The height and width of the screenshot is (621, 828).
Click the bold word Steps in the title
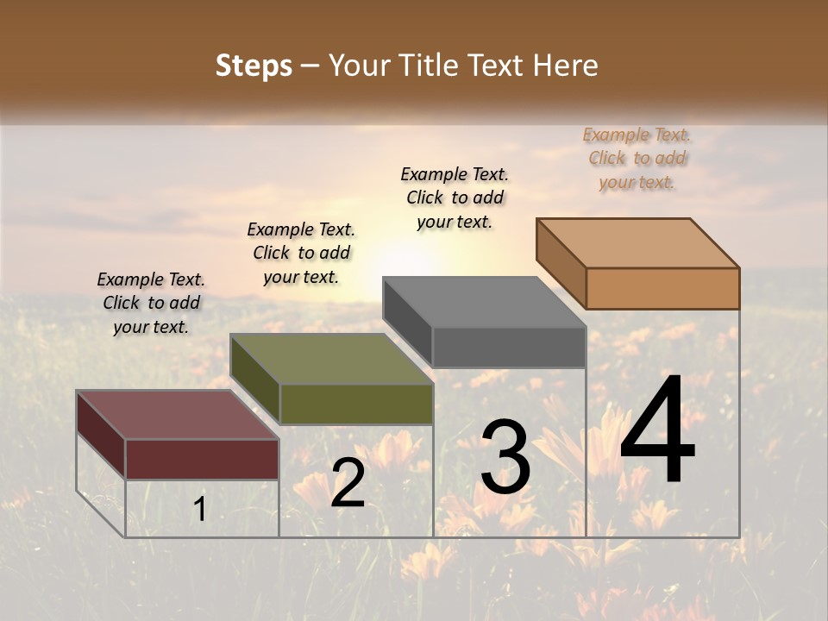click(x=254, y=66)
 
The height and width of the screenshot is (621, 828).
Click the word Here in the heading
click(x=566, y=66)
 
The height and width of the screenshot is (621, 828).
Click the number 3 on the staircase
click(x=505, y=457)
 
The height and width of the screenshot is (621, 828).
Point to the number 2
click(x=348, y=483)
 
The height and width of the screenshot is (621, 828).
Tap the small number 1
click(x=199, y=510)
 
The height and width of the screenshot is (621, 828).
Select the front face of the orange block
click(x=662, y=288)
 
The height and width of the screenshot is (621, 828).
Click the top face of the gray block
click(x=484, y=302)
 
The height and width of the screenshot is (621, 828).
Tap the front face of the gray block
click(x=509, y=347)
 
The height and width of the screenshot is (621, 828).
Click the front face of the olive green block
click(x=356, y=404)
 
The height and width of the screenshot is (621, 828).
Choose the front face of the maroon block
click(x=202, y=459)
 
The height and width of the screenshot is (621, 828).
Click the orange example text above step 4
click(x=637, y=159)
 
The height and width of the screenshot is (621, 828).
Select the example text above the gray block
click(x=455, y=198)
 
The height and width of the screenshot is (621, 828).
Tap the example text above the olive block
click(x=301, y=253)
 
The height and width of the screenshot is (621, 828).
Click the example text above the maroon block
click(x=151, y=303)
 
